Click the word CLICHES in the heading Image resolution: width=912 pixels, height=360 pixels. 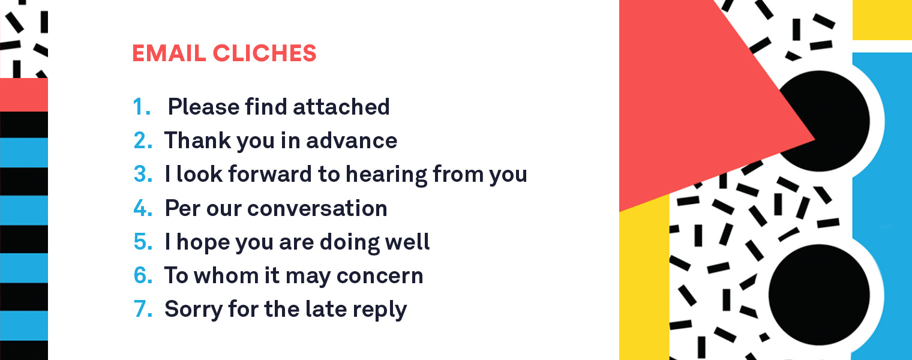tap(265, 53)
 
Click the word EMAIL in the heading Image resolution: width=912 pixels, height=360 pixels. tap(169, 53)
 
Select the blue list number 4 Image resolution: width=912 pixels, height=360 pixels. tap(143, 208)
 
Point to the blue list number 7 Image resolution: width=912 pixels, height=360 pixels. tap(143, 308)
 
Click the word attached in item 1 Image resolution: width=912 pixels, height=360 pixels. tap(341, 107)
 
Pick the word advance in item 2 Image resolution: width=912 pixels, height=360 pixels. tap(352, 140)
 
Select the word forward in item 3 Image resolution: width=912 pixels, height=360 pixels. tap(270, 174)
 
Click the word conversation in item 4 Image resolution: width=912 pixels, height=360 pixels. tap(317, 208)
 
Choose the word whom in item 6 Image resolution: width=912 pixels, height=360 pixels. tap(226, 275)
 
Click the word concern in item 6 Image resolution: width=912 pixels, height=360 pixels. tap(380, 276)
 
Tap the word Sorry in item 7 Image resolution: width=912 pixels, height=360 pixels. tap(193, 310)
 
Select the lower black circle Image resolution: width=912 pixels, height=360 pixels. tap(819, 295)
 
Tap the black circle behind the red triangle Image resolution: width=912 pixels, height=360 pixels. tap(835, 122)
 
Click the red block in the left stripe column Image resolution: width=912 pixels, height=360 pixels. tap(23, 94)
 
